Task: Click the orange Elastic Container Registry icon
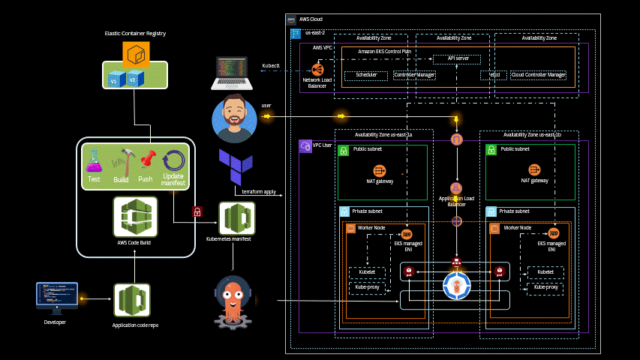tap(136, 55)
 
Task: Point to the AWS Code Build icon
tap(135, 217)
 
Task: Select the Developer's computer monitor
tap(57, 298)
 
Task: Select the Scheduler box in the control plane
tap(365, 75)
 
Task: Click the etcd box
tap(494, 75)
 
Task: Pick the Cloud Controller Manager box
tap(538, 75)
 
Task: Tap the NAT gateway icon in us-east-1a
tap(379, 170)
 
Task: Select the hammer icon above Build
tap(122, 160)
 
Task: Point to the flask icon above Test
tap(95, 160)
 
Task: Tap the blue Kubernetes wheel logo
tap(456, 286)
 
